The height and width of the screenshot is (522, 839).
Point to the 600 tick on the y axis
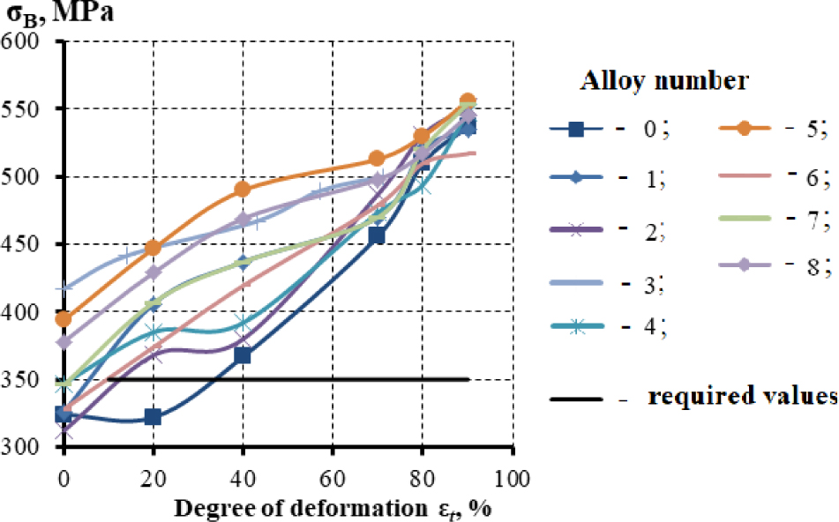tap(26, 41)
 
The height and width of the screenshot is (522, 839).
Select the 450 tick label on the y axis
tap(26, 244)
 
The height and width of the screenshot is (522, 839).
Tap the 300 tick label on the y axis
tap(26, 447)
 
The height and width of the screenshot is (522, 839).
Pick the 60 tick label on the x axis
tap(332, 480)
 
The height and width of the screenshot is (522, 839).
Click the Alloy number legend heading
tap(664, 82)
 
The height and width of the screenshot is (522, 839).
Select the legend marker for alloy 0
tap(576, 130)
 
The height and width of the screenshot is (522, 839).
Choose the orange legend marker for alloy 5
tap(744, 129)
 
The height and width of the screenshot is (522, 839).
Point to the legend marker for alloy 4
tap(576, 326)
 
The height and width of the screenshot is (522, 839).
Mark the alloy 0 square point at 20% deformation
tap(153, 417)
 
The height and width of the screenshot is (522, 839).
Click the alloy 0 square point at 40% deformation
tap(242, 355)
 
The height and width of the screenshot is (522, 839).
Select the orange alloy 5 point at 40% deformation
tap(242, 189)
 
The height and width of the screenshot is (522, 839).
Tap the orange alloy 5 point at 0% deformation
tap(63, 318)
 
